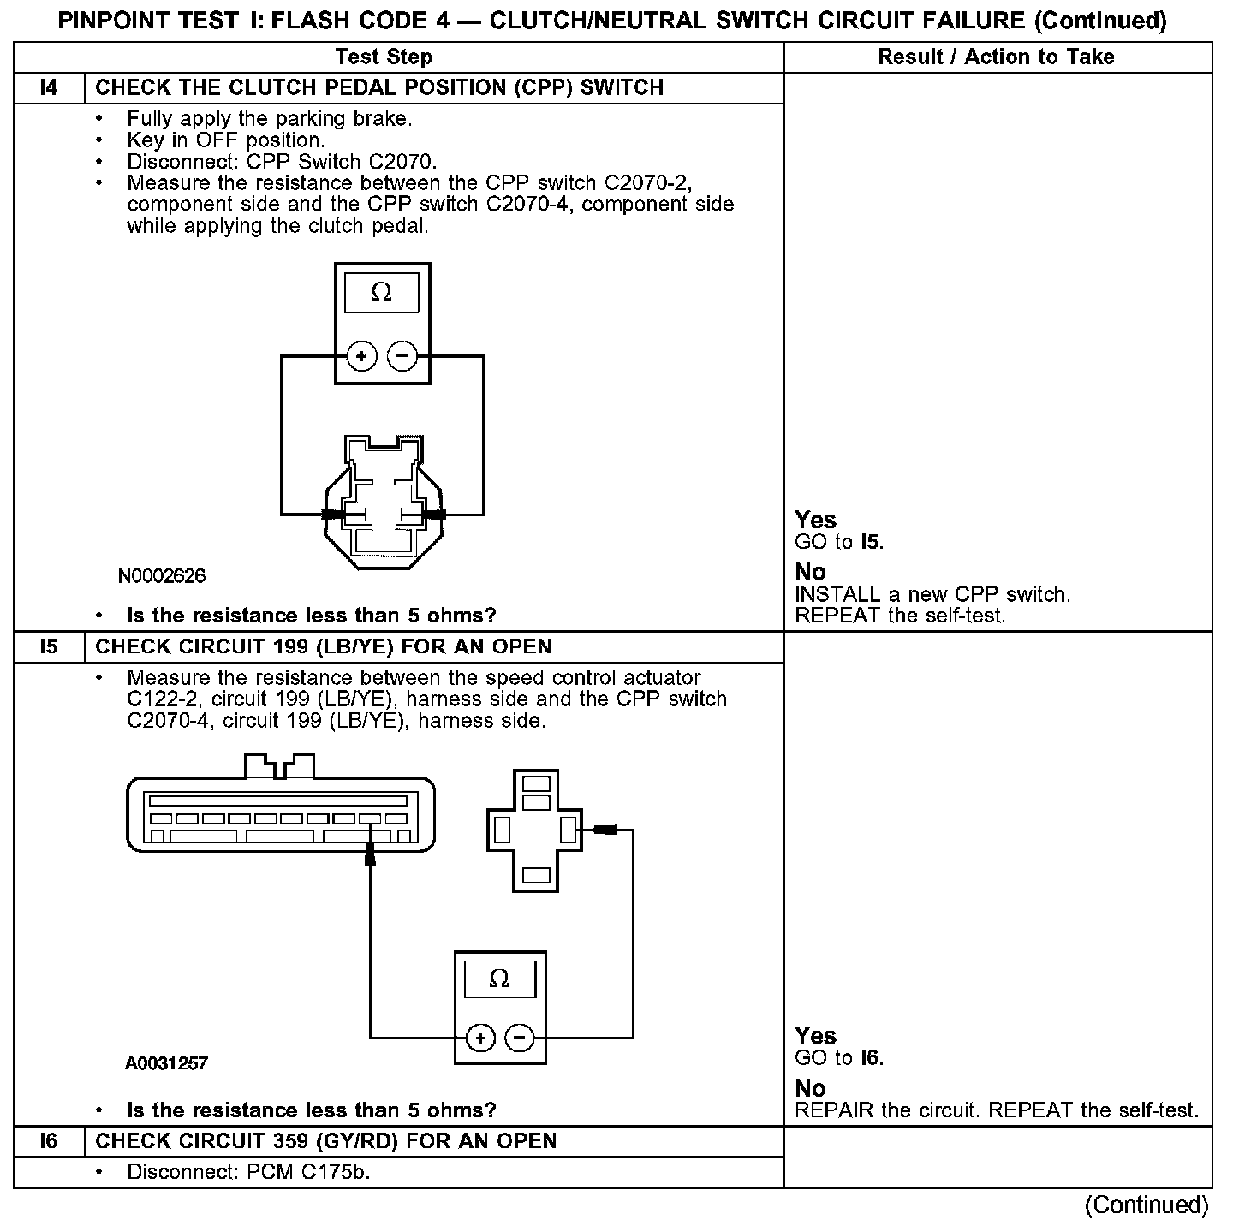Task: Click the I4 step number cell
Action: tap(50, 88)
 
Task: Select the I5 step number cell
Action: tap(50, 646)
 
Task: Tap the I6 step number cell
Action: tap(50, 1141)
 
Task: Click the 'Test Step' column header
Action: tap(384, 57)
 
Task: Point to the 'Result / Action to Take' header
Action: tap(997, 57)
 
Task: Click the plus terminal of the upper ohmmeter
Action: tap(362, 356)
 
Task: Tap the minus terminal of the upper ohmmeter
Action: tap(402, 356)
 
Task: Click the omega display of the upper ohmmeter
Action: tap(382, 293)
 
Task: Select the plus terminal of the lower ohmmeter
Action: tap(480, 1039)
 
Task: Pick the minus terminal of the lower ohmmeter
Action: tap(520, 1039)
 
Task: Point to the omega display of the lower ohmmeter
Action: tap(499, 978)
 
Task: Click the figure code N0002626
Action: tap(162, 575)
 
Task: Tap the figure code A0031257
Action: tap(167, 1063)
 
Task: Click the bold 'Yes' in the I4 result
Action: tap(815, 520)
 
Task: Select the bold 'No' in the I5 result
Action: tap(810, 1088)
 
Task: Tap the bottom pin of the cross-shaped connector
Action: tap(536, 875)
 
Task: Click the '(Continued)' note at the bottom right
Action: tap(1147, 1205)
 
